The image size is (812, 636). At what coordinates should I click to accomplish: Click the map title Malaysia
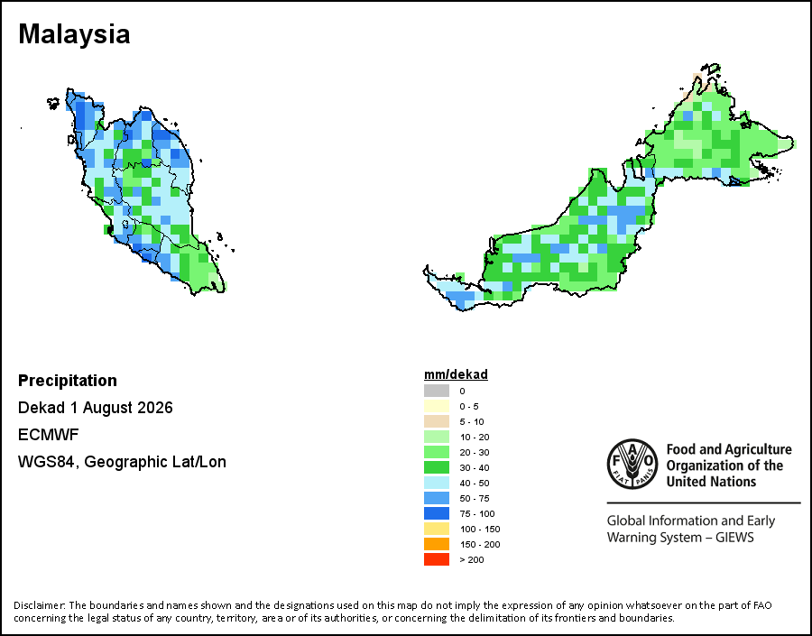[74, 34]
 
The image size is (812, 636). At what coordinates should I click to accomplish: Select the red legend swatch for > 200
[437, 559]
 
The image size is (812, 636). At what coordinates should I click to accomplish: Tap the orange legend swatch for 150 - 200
[437, 544]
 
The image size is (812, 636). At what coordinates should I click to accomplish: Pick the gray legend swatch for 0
[437, 391]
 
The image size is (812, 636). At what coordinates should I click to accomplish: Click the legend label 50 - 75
[475, 498]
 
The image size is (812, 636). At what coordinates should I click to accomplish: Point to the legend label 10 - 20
[475, 438]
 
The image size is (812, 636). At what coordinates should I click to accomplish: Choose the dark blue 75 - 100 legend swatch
[437, 513]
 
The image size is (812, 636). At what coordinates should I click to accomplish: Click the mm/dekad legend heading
[456, 374]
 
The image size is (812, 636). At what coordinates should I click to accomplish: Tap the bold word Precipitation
[68, 380]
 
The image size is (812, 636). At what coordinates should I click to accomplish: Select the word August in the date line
[107, 408]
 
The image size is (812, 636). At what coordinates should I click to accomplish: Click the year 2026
[155, 408]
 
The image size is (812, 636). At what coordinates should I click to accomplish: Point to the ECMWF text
[48, 435]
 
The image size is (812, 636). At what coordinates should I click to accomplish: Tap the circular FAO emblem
[632, 464]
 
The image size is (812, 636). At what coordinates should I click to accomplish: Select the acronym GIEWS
[734, 537]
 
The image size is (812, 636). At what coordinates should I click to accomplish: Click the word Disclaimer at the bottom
[40, 605]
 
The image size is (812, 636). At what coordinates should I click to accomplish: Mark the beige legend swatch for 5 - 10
[437, 421]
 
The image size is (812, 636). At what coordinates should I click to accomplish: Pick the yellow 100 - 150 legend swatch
[437, 529]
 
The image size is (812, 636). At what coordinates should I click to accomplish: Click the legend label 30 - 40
[475, 467]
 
